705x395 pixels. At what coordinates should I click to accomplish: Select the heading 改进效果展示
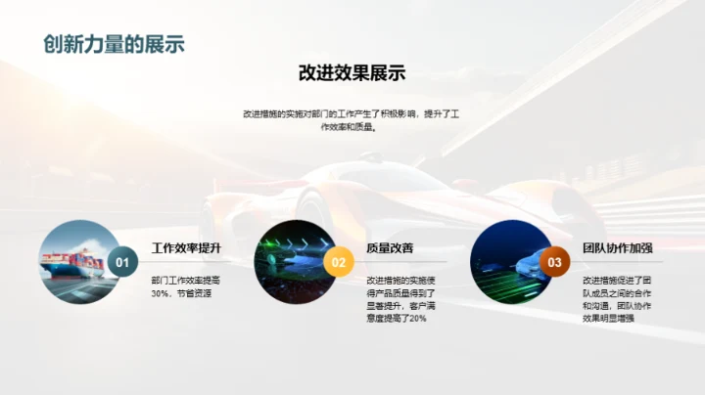coord(352,73)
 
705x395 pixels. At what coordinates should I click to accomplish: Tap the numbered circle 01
coord(122,262)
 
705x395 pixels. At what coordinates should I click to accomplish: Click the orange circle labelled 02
coord(338,262)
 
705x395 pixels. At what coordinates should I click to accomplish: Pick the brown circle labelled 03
coord(554,262)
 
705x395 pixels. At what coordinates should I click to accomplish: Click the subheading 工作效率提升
coord(186,248)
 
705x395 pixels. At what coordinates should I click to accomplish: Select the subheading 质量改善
coord(390,248)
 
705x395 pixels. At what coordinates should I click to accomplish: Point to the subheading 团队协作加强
coord(617,248)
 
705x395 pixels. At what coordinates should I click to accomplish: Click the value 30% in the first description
coord(162,292)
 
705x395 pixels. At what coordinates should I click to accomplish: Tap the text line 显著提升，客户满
coord(401,305)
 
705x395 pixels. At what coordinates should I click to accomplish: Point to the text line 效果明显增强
coord(608,318)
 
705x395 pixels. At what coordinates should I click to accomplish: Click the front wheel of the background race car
coord(313,210)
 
